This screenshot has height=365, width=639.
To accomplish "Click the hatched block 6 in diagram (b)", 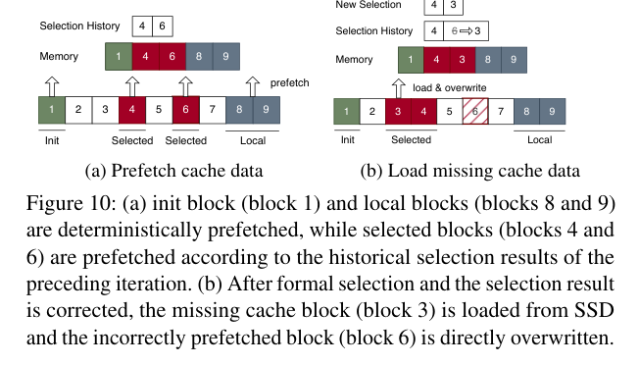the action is click(475, 111).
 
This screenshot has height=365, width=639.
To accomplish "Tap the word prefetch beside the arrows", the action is click(290, 83).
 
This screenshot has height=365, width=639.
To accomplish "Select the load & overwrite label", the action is click(450, 88).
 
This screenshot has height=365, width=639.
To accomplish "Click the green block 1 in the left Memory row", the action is click(119, 56).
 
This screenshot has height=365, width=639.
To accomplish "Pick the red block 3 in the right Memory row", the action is click(463, 60).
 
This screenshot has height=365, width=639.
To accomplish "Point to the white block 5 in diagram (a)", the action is click(159, 109).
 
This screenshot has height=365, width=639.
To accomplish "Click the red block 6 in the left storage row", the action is click(186, 109).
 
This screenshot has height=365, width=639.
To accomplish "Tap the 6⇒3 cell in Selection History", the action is click(466, 31).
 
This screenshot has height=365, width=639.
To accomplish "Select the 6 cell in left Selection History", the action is click(162, 26).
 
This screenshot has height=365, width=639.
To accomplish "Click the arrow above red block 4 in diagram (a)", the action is click(132, 86).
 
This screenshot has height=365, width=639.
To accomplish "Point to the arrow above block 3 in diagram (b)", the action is click(399, 88).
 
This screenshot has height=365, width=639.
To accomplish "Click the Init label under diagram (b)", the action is click(348, 140).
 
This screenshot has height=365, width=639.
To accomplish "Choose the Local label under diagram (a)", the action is click(253, 140).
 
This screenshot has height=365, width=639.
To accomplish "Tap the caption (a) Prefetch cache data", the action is click(174, 171).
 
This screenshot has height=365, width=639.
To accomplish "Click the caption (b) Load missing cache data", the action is click(469, 171).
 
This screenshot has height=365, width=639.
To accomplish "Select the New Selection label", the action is click(369, 5).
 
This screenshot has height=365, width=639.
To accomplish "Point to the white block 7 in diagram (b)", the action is click(501, 111).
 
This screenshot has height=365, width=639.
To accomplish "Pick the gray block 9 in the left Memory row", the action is click(225, 56).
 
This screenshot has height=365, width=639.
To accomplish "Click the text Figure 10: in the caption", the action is click(72, 203).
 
